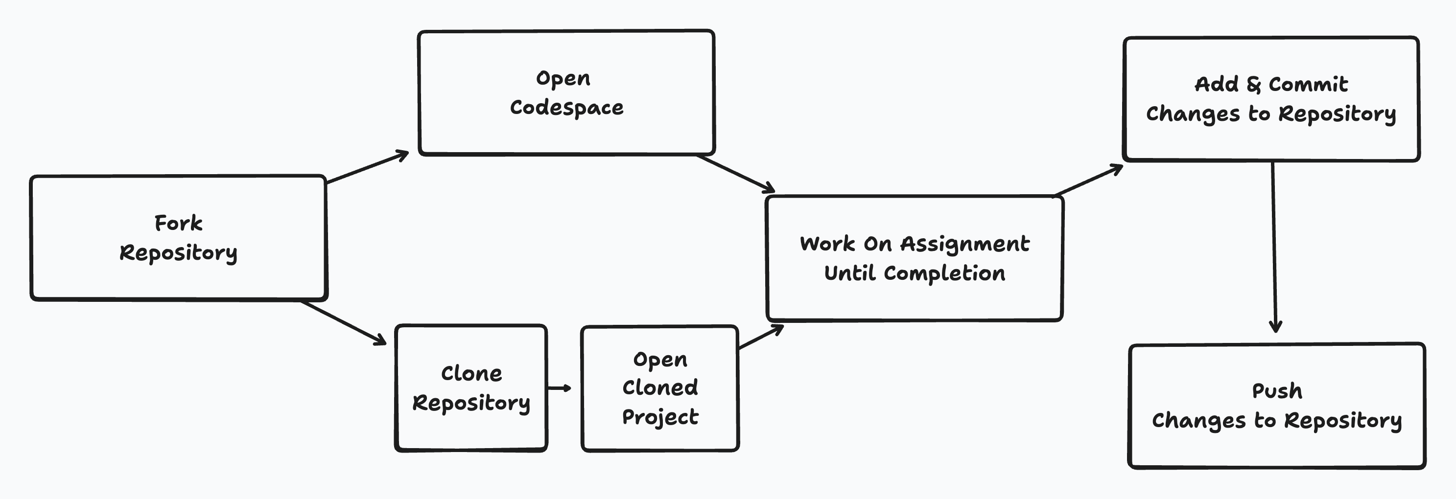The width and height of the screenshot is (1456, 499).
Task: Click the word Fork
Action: [x=178, y=223]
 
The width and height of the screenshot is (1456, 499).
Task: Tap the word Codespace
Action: [x=566, y=107]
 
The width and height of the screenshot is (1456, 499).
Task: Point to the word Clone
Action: [x=471, y=374]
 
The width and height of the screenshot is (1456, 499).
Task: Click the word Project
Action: [x=660, y=417]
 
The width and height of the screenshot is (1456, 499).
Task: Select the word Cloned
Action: [x=660, y=387]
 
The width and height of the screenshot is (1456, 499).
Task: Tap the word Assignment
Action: [x=964, y=244]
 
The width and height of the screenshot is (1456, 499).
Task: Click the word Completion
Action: [x=944, y=273]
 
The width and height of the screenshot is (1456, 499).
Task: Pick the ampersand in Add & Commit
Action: [x=1253, y=85]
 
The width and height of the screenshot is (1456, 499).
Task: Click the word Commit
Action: [x=1308, y=85]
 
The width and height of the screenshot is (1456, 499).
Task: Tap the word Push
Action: [x=1277, y=391]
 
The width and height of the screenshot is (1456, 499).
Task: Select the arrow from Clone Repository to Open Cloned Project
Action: [x=559, y=387]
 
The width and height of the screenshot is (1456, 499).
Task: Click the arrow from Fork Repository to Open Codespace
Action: [x=367, y=167]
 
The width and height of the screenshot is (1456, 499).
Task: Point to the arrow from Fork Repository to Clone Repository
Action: [x=343, y=323]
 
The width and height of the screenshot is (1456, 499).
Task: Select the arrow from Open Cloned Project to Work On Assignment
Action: [x=761, y=338]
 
